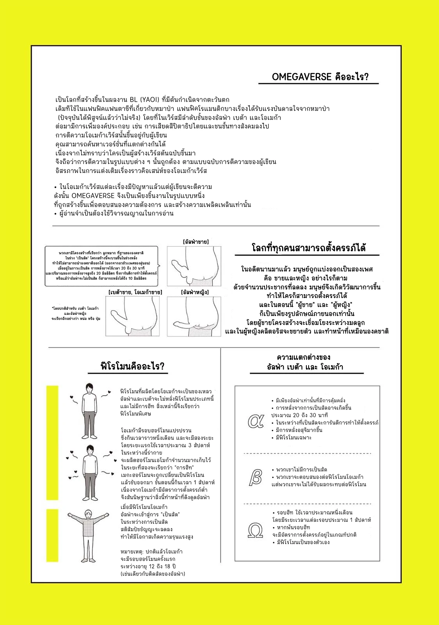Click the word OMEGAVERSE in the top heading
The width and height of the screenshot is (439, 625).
pos(301,77)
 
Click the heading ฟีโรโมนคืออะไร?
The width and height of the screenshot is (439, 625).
pos(133,366)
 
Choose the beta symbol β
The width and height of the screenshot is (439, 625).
pos(255,477)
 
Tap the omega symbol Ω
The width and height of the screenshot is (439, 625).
pos(255,530)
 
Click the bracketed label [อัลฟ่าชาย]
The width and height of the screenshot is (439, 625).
pos(196,242)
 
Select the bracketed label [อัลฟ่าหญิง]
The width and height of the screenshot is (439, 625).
pos(195,292)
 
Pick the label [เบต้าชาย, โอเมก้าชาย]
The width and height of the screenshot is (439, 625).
pos(135,292)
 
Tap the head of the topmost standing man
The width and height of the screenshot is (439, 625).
pos(89,387)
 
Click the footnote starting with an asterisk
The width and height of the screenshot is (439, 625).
pos(75,313)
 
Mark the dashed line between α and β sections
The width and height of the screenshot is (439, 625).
pos(307,454)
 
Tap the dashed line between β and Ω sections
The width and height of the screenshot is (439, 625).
pos(307,504)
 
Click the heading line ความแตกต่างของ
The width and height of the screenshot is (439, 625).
pos(304,357)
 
